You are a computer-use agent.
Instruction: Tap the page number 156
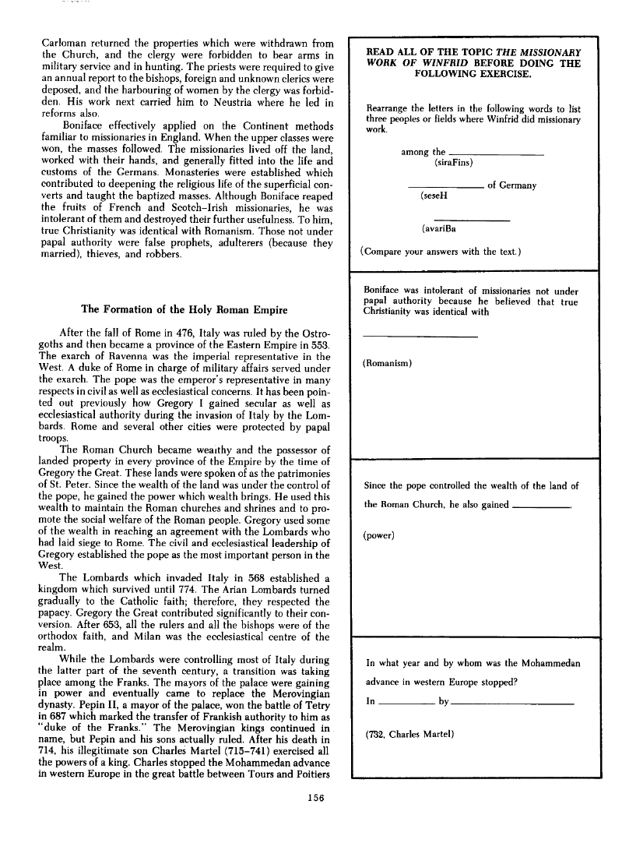click(x=316, y=796)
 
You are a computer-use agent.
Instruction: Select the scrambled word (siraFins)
click(x=453, y=163)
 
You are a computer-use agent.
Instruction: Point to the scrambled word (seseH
click(x=433, y=198)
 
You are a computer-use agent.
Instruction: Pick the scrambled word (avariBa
click(x=439, y=229)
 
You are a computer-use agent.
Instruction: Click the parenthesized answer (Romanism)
click(x=388, y=363)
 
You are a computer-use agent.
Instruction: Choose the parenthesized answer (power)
click(x=379, y=535)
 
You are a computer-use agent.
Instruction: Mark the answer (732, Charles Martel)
click(x=412, y=734)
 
